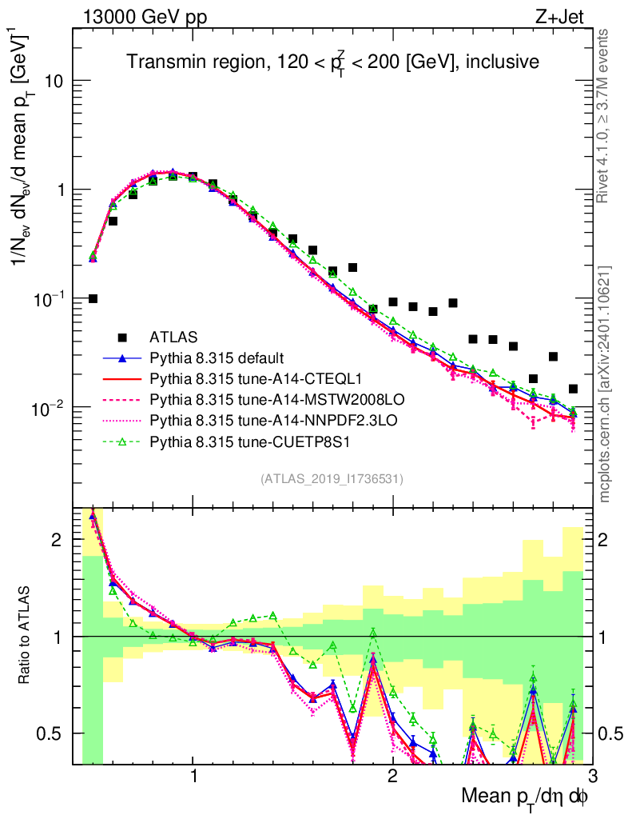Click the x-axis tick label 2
coord(392,777)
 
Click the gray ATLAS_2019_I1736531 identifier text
coord(332,479)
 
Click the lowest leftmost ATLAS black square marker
coord(93,298)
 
